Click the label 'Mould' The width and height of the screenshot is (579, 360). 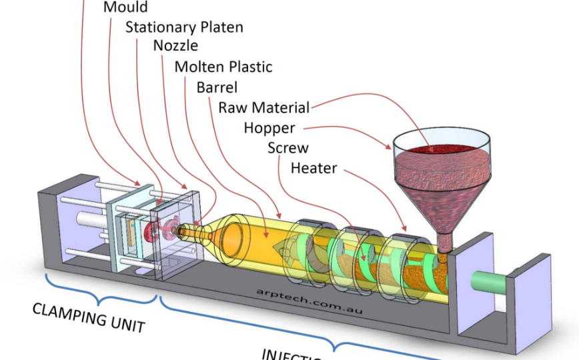pos(125,8)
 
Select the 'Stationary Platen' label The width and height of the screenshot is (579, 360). pos(184,27)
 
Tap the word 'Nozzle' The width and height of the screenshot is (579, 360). pos(175,46)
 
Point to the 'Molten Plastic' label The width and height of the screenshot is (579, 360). pos(223,67)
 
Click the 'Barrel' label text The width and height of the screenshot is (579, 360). pos(217,87)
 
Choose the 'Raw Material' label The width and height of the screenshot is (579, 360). pos(263,107)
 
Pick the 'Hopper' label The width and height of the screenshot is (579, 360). pos(269,128)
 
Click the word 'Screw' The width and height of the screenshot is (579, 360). pos(287,148)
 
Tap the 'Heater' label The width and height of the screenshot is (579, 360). pos(314,168)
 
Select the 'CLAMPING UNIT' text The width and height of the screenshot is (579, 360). pos(89,317)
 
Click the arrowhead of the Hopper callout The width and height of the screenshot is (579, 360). pos(390,146)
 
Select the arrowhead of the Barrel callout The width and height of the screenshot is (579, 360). pos(266,237)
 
